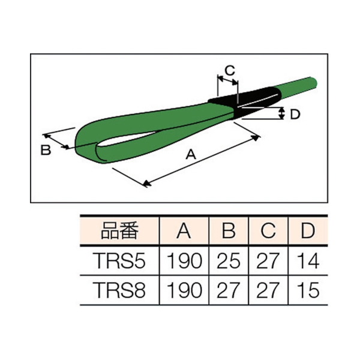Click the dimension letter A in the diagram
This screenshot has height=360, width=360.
pyautogui.click(x=191, y=155)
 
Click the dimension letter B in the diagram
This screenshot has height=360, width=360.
pyautogui.click(x=46, y=150)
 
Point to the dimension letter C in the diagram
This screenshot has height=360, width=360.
pyautogui.click(x=229, y=71)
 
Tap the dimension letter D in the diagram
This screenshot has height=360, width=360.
pyautogui.click(x=294, y=114)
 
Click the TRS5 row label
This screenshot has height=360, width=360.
pyautogui.click(x=119, y=262)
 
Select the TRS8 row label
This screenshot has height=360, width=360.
pyautogui.click(x=119, y=291)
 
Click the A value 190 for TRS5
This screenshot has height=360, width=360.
pyautogui.click(x=184, y=262)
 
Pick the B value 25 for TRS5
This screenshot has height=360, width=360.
pyautogui.click(x=228, y=262)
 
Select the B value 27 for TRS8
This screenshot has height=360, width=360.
pyautogui.click(x=228, y=291)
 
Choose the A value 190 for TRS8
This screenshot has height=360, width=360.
pyautogui.click(x=184, y=291)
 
